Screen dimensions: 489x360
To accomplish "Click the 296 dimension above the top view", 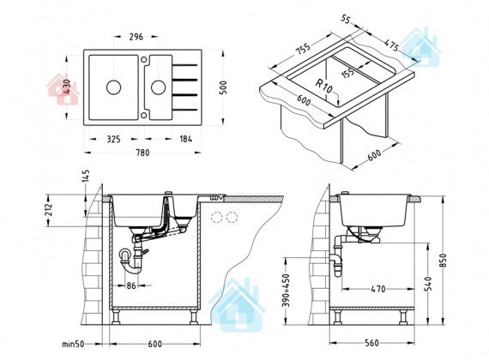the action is click(136, 37).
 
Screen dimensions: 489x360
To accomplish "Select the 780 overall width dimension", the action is click(142, 153).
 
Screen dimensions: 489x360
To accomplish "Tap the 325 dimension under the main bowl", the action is click(113, 139).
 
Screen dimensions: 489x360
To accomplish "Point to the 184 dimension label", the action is click(186, 139).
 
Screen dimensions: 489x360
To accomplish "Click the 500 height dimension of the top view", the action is click(223, 87).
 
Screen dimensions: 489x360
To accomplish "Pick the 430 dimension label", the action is click(67, 87).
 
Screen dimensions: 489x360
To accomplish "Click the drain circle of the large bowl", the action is click(113, 87).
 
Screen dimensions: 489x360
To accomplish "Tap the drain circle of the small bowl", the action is click(159, 87).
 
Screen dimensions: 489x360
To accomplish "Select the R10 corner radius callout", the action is click(324, 87).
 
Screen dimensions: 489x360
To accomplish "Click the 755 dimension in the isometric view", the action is click(303, 49).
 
